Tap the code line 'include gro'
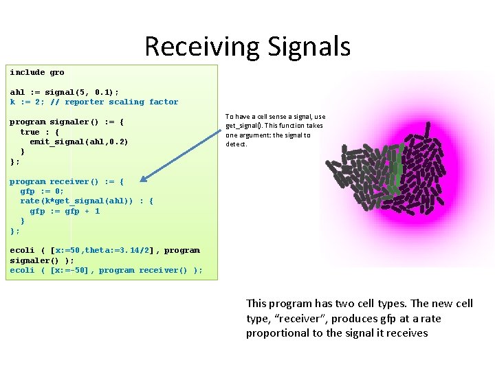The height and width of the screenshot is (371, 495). (37, 72)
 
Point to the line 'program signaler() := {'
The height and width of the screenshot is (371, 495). (67, 122)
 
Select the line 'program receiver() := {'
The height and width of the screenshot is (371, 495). (67, 181)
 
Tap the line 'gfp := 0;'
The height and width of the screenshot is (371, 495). (42, 191)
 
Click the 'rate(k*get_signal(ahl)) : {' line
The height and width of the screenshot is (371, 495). (87, 201)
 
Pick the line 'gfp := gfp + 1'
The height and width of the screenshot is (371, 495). (65, 211)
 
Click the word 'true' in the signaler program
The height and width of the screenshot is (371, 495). (30, 132)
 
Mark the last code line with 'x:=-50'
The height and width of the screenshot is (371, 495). (106, 270)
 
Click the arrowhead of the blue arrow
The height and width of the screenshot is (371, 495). (142, 180)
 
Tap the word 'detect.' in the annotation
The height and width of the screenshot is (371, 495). (236, 144)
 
